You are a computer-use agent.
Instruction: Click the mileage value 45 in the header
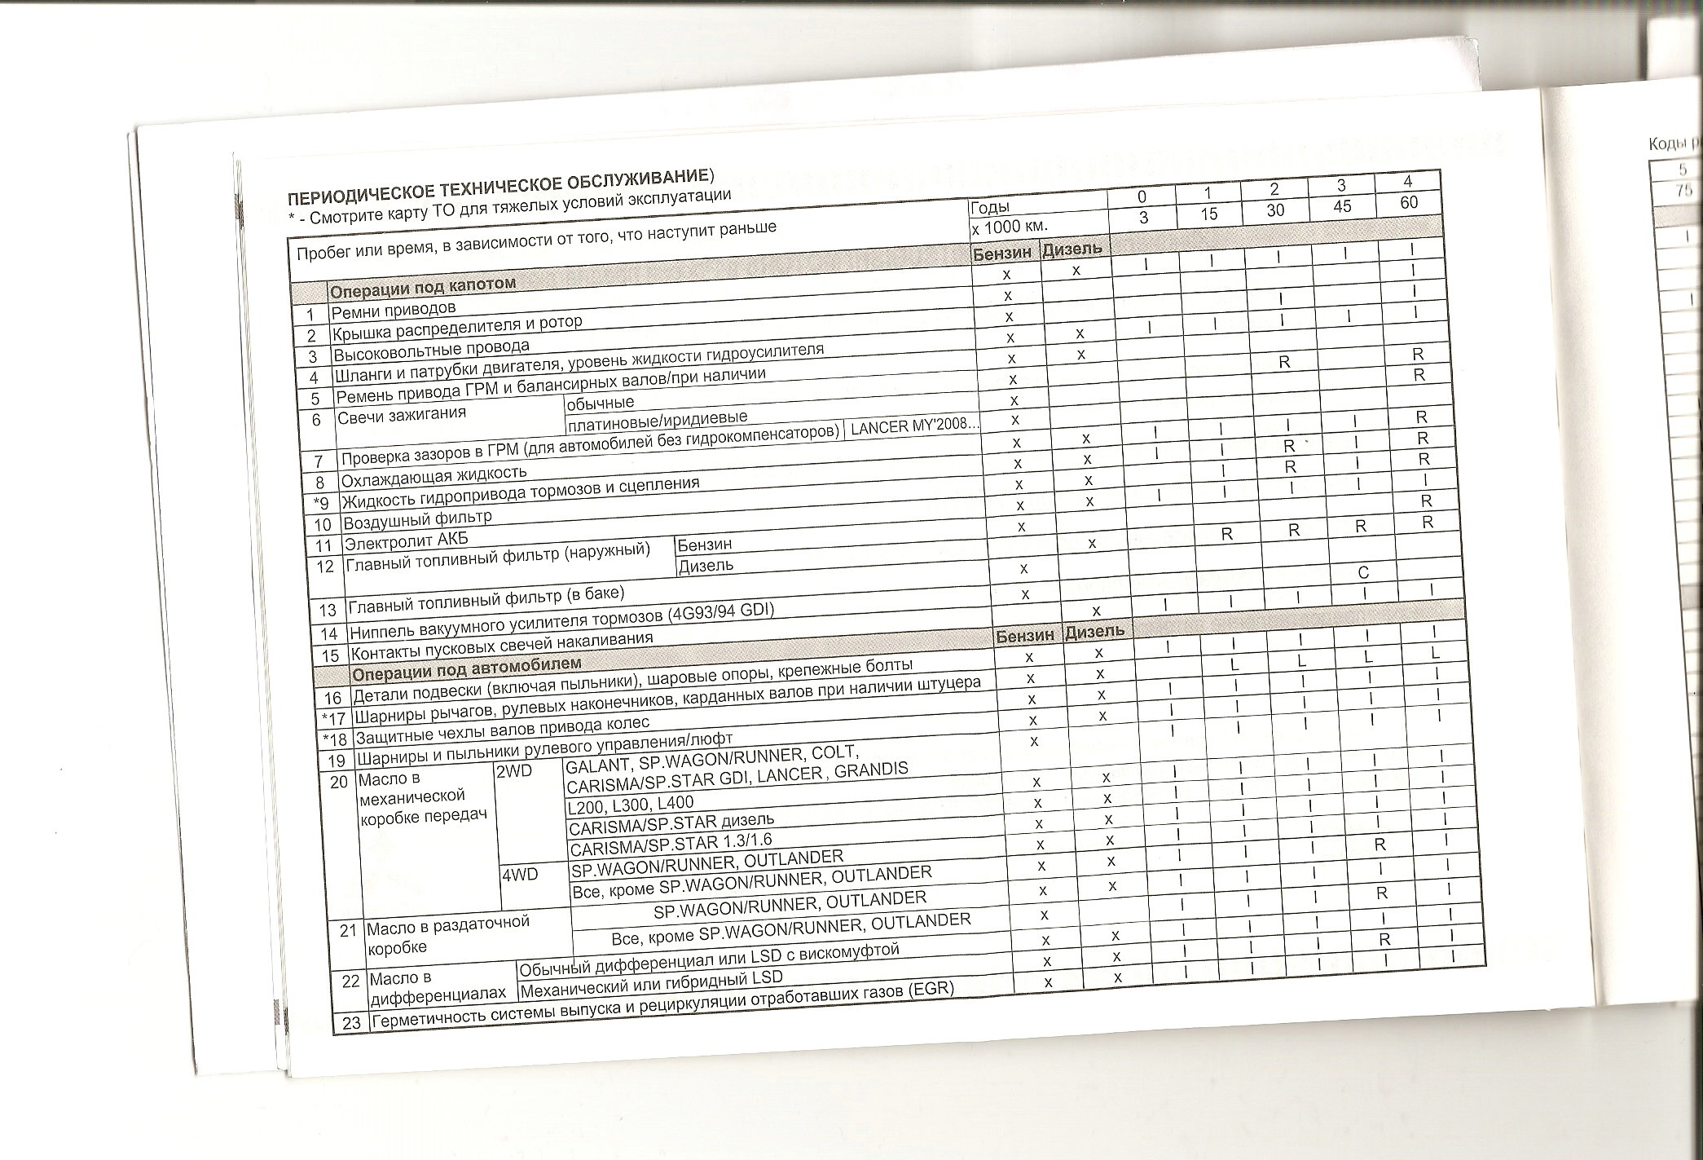tap(1341, 207)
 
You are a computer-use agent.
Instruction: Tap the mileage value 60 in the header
tap(1409, 202)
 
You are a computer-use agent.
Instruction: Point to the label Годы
tap(990, 207)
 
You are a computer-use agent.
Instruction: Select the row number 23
tap(351, 1023)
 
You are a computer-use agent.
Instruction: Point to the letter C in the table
tap(1363, 573)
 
